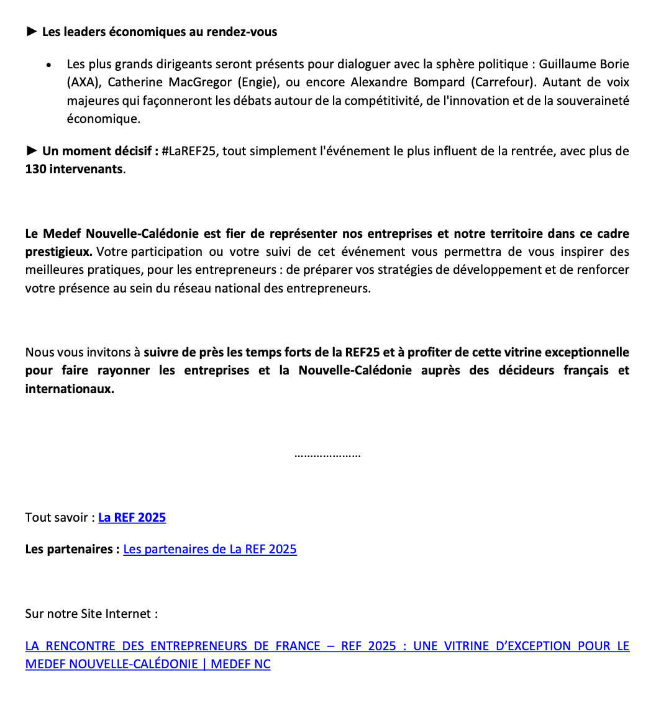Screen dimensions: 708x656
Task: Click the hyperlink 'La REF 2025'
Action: click(132, 517)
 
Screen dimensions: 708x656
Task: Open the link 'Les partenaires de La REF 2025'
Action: click(210, 549)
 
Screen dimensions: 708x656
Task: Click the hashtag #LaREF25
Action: click(189, 151)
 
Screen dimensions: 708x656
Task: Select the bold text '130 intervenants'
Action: click(74, 169)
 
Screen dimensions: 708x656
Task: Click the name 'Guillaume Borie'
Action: click(584, 64)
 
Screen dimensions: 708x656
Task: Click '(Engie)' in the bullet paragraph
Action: click(260, 82)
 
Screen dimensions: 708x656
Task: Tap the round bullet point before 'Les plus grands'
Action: click(48, 65)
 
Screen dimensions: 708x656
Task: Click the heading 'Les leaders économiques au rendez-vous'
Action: click(160, 32)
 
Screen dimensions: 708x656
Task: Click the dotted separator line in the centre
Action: click(327, 455)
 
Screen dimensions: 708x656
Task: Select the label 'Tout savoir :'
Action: click(60, 517)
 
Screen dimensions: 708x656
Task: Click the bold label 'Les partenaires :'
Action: click(72, 549)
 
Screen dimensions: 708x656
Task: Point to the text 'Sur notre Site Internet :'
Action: click(91, 614)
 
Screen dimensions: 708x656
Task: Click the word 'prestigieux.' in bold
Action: click(59, 252)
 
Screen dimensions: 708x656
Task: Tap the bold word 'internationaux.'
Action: click(70, 389)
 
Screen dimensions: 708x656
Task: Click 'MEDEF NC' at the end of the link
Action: click(240, 664)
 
